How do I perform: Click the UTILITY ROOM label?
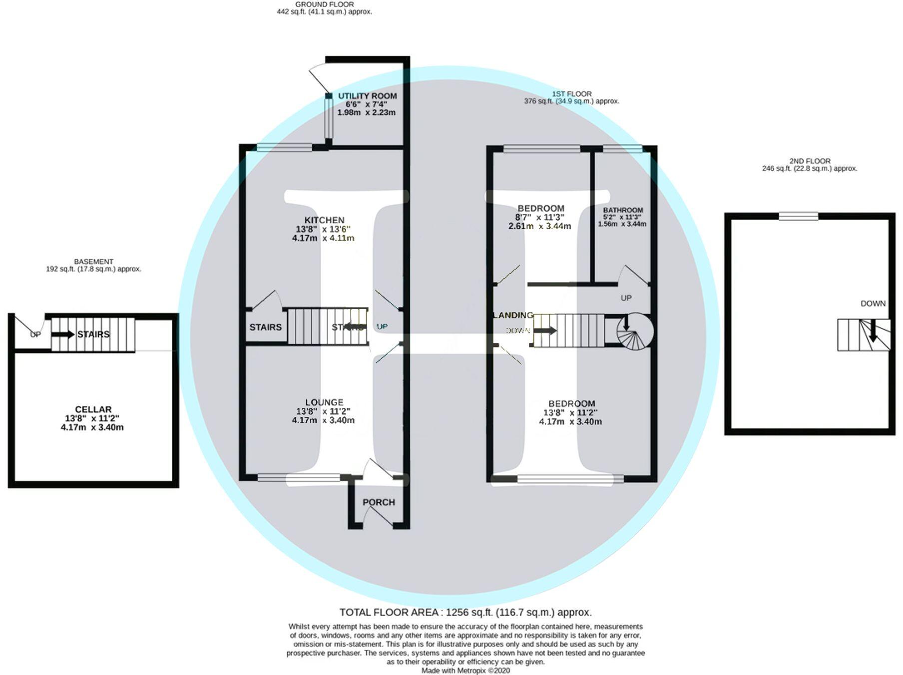click(367, 96)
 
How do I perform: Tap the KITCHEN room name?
click(324, 220)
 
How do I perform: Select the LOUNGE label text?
click(324, 402)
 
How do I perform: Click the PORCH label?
click(379, 502)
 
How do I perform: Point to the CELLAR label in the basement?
click(93, 409)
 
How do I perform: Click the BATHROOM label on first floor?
click(622, 210)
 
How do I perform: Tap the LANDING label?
click(513, 315)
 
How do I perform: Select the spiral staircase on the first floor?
click(634, 331)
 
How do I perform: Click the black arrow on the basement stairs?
click(63, 334)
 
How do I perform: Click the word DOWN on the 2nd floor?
click(873, 304)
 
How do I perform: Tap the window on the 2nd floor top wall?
click(798, 216)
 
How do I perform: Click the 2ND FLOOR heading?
click(810, 161)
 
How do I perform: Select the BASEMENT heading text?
click(93, 261)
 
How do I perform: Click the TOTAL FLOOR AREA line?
click(465, 612)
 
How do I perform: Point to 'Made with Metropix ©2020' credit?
click(465, 671)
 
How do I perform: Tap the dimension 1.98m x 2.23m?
click(366, 113)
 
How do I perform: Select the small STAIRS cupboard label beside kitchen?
click(265, 327)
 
